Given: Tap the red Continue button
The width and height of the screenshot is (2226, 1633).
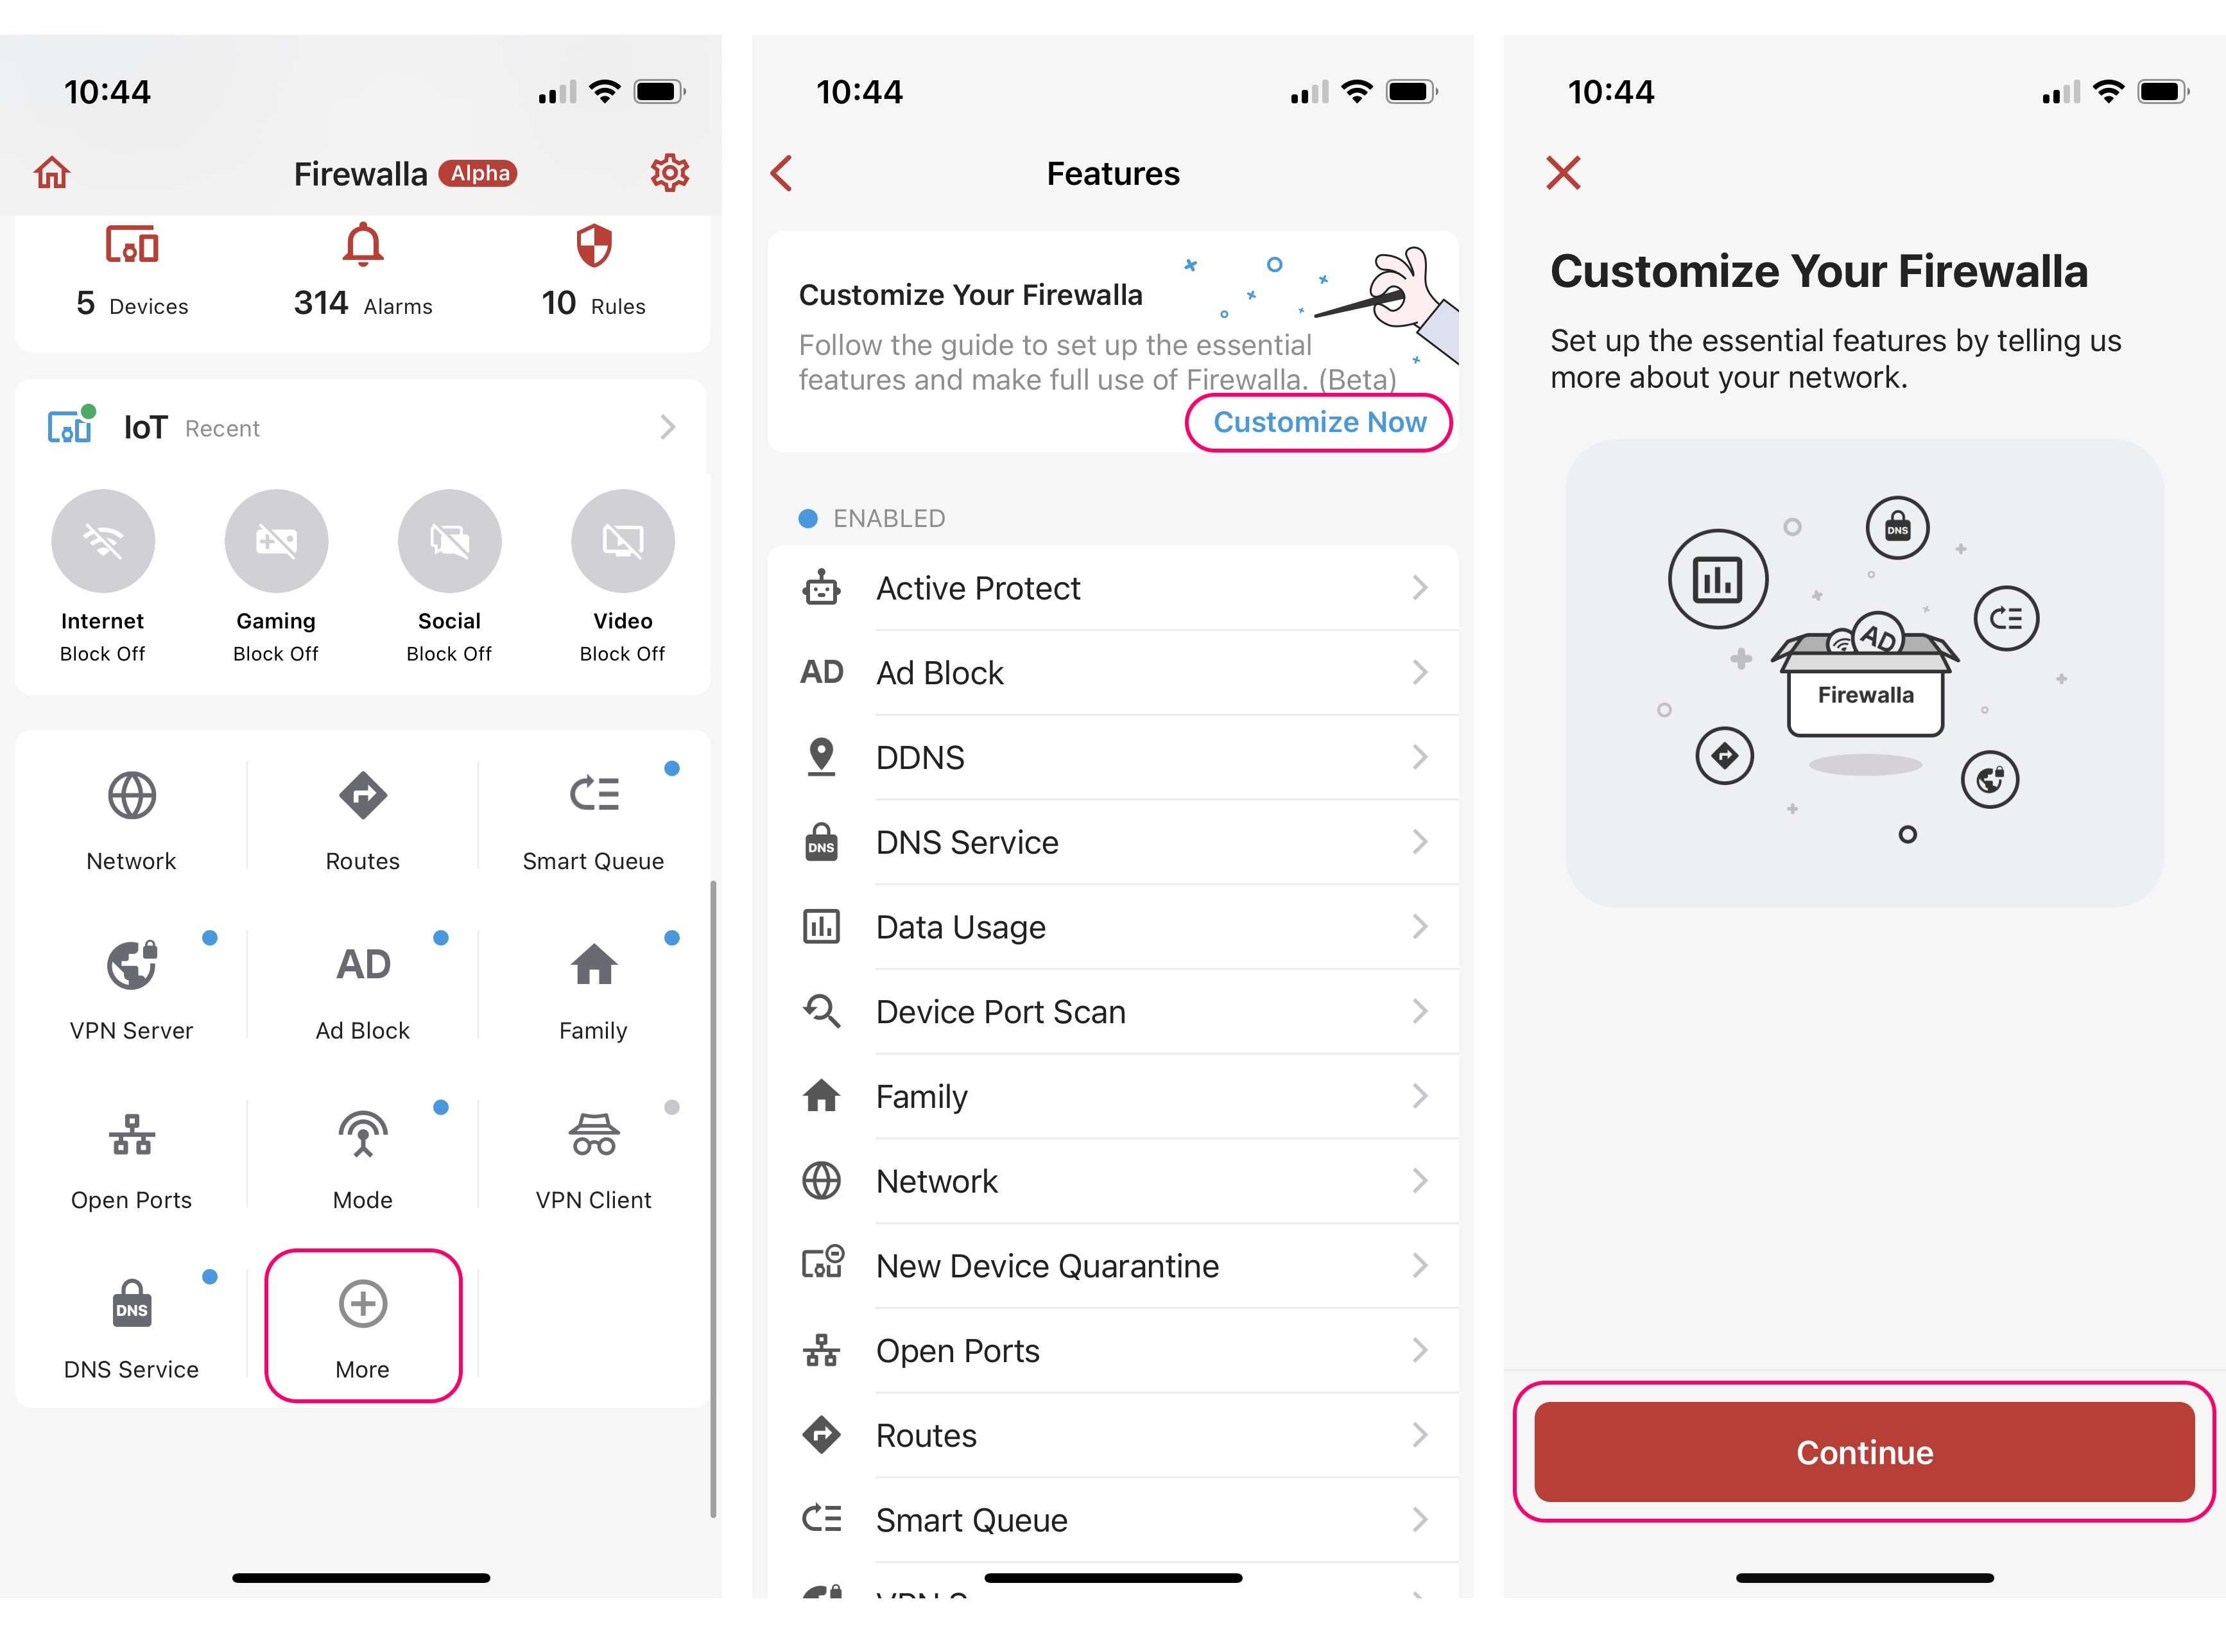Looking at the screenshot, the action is (1863, 1451).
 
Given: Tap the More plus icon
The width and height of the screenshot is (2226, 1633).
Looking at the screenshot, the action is (363, 1304).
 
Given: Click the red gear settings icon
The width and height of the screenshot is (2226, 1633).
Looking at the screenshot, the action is (669, 173).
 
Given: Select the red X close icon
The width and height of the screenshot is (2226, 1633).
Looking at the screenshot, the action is (1563, 172).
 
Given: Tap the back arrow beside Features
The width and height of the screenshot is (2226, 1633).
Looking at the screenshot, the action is (781, 173).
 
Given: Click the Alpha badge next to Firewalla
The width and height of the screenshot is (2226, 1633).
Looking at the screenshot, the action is (478, 173).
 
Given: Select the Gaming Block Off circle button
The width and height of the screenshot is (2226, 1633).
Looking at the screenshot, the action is (276, 540).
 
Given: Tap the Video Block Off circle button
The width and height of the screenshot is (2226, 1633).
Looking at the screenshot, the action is (623, 540).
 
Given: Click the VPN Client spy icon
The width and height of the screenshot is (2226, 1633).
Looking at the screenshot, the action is (594, 1134).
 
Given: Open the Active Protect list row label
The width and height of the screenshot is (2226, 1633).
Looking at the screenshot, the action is (978, 588).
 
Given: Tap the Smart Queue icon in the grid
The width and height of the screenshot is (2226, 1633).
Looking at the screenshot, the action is (594, 794).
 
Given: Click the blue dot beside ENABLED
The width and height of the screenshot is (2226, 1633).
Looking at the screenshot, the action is (807, 518).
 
